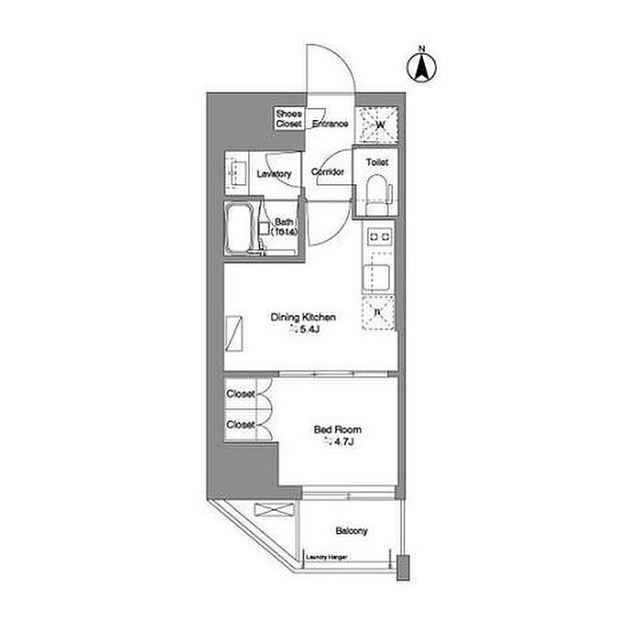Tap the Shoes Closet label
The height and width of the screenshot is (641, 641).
click(x=289, y=118)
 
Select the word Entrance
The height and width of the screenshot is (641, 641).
click(x=330, y=124)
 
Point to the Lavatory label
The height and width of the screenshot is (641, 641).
click(x=274, y=174)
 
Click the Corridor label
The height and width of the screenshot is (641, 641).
click(x=328, y=172)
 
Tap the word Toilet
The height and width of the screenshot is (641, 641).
click(x=377, y=162)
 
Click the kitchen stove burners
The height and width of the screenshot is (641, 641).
click(x=378, y=238)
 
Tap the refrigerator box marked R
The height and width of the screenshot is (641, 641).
click(x=378, y=314)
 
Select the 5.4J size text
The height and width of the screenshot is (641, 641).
click(x=309, y=331)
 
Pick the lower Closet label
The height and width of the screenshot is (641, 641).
click(x=241, y=424)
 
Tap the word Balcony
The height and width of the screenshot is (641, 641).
click(x=351, y=531)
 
